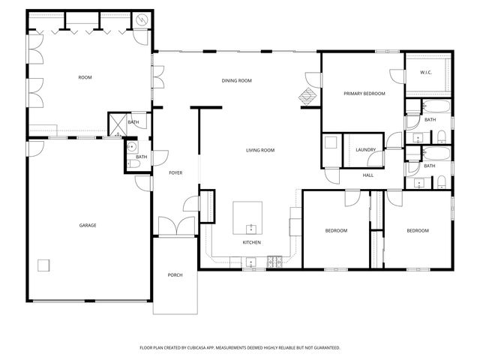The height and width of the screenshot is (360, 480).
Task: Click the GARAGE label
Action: [88, 225]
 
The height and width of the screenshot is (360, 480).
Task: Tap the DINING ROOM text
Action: [235, 80]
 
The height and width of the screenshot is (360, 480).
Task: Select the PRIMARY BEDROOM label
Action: [364, 94]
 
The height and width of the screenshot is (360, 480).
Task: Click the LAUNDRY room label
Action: [365, 150]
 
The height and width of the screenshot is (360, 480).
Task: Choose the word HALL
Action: [367, 175]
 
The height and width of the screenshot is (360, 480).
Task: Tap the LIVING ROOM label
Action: [260, 150]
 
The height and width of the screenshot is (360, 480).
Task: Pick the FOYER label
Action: [175, 173]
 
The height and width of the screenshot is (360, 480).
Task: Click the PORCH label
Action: [175, 275]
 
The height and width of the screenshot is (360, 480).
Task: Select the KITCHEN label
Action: [251, 243]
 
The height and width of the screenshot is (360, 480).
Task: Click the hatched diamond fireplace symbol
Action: [307, 96]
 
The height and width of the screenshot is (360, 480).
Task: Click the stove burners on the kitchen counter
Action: [275, 260]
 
